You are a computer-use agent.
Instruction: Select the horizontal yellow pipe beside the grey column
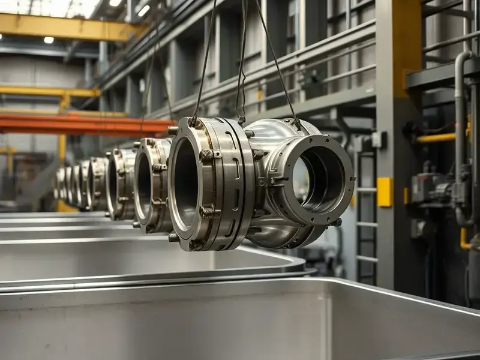tap(436, 138)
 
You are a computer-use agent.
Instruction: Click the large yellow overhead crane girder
tap(66, 27)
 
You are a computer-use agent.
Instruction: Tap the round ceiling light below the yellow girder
tap(49, 40)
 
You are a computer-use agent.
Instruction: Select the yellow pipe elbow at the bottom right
tap(464, 240)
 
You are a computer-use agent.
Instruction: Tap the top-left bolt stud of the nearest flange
tap(173, 130)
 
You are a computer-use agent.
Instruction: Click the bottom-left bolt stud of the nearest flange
tap(173, 237)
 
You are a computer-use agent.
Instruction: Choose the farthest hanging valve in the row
tap(59, 184)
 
